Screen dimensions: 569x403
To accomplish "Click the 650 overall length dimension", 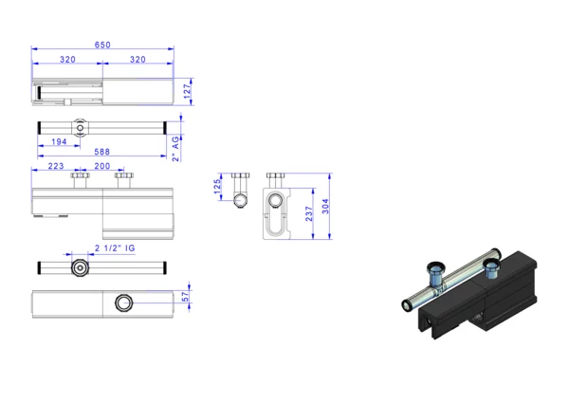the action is [x=102, y=45].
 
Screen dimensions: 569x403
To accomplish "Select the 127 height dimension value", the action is [x=187, y=91].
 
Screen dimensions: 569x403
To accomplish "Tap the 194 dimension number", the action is [x=59, y=141].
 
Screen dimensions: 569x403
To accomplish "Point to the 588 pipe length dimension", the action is [x=102, y=152].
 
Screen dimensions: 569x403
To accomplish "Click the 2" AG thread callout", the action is [x=176, y=149].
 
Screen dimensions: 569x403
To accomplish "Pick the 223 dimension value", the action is [x=56, y=166].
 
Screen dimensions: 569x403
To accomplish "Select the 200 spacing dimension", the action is [x=102, y=166].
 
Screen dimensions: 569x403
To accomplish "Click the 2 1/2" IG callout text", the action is [x=115, y=248].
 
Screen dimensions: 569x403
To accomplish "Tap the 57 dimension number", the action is [x=186, y=297].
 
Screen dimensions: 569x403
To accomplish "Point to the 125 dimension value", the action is [x=217, y=186].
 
